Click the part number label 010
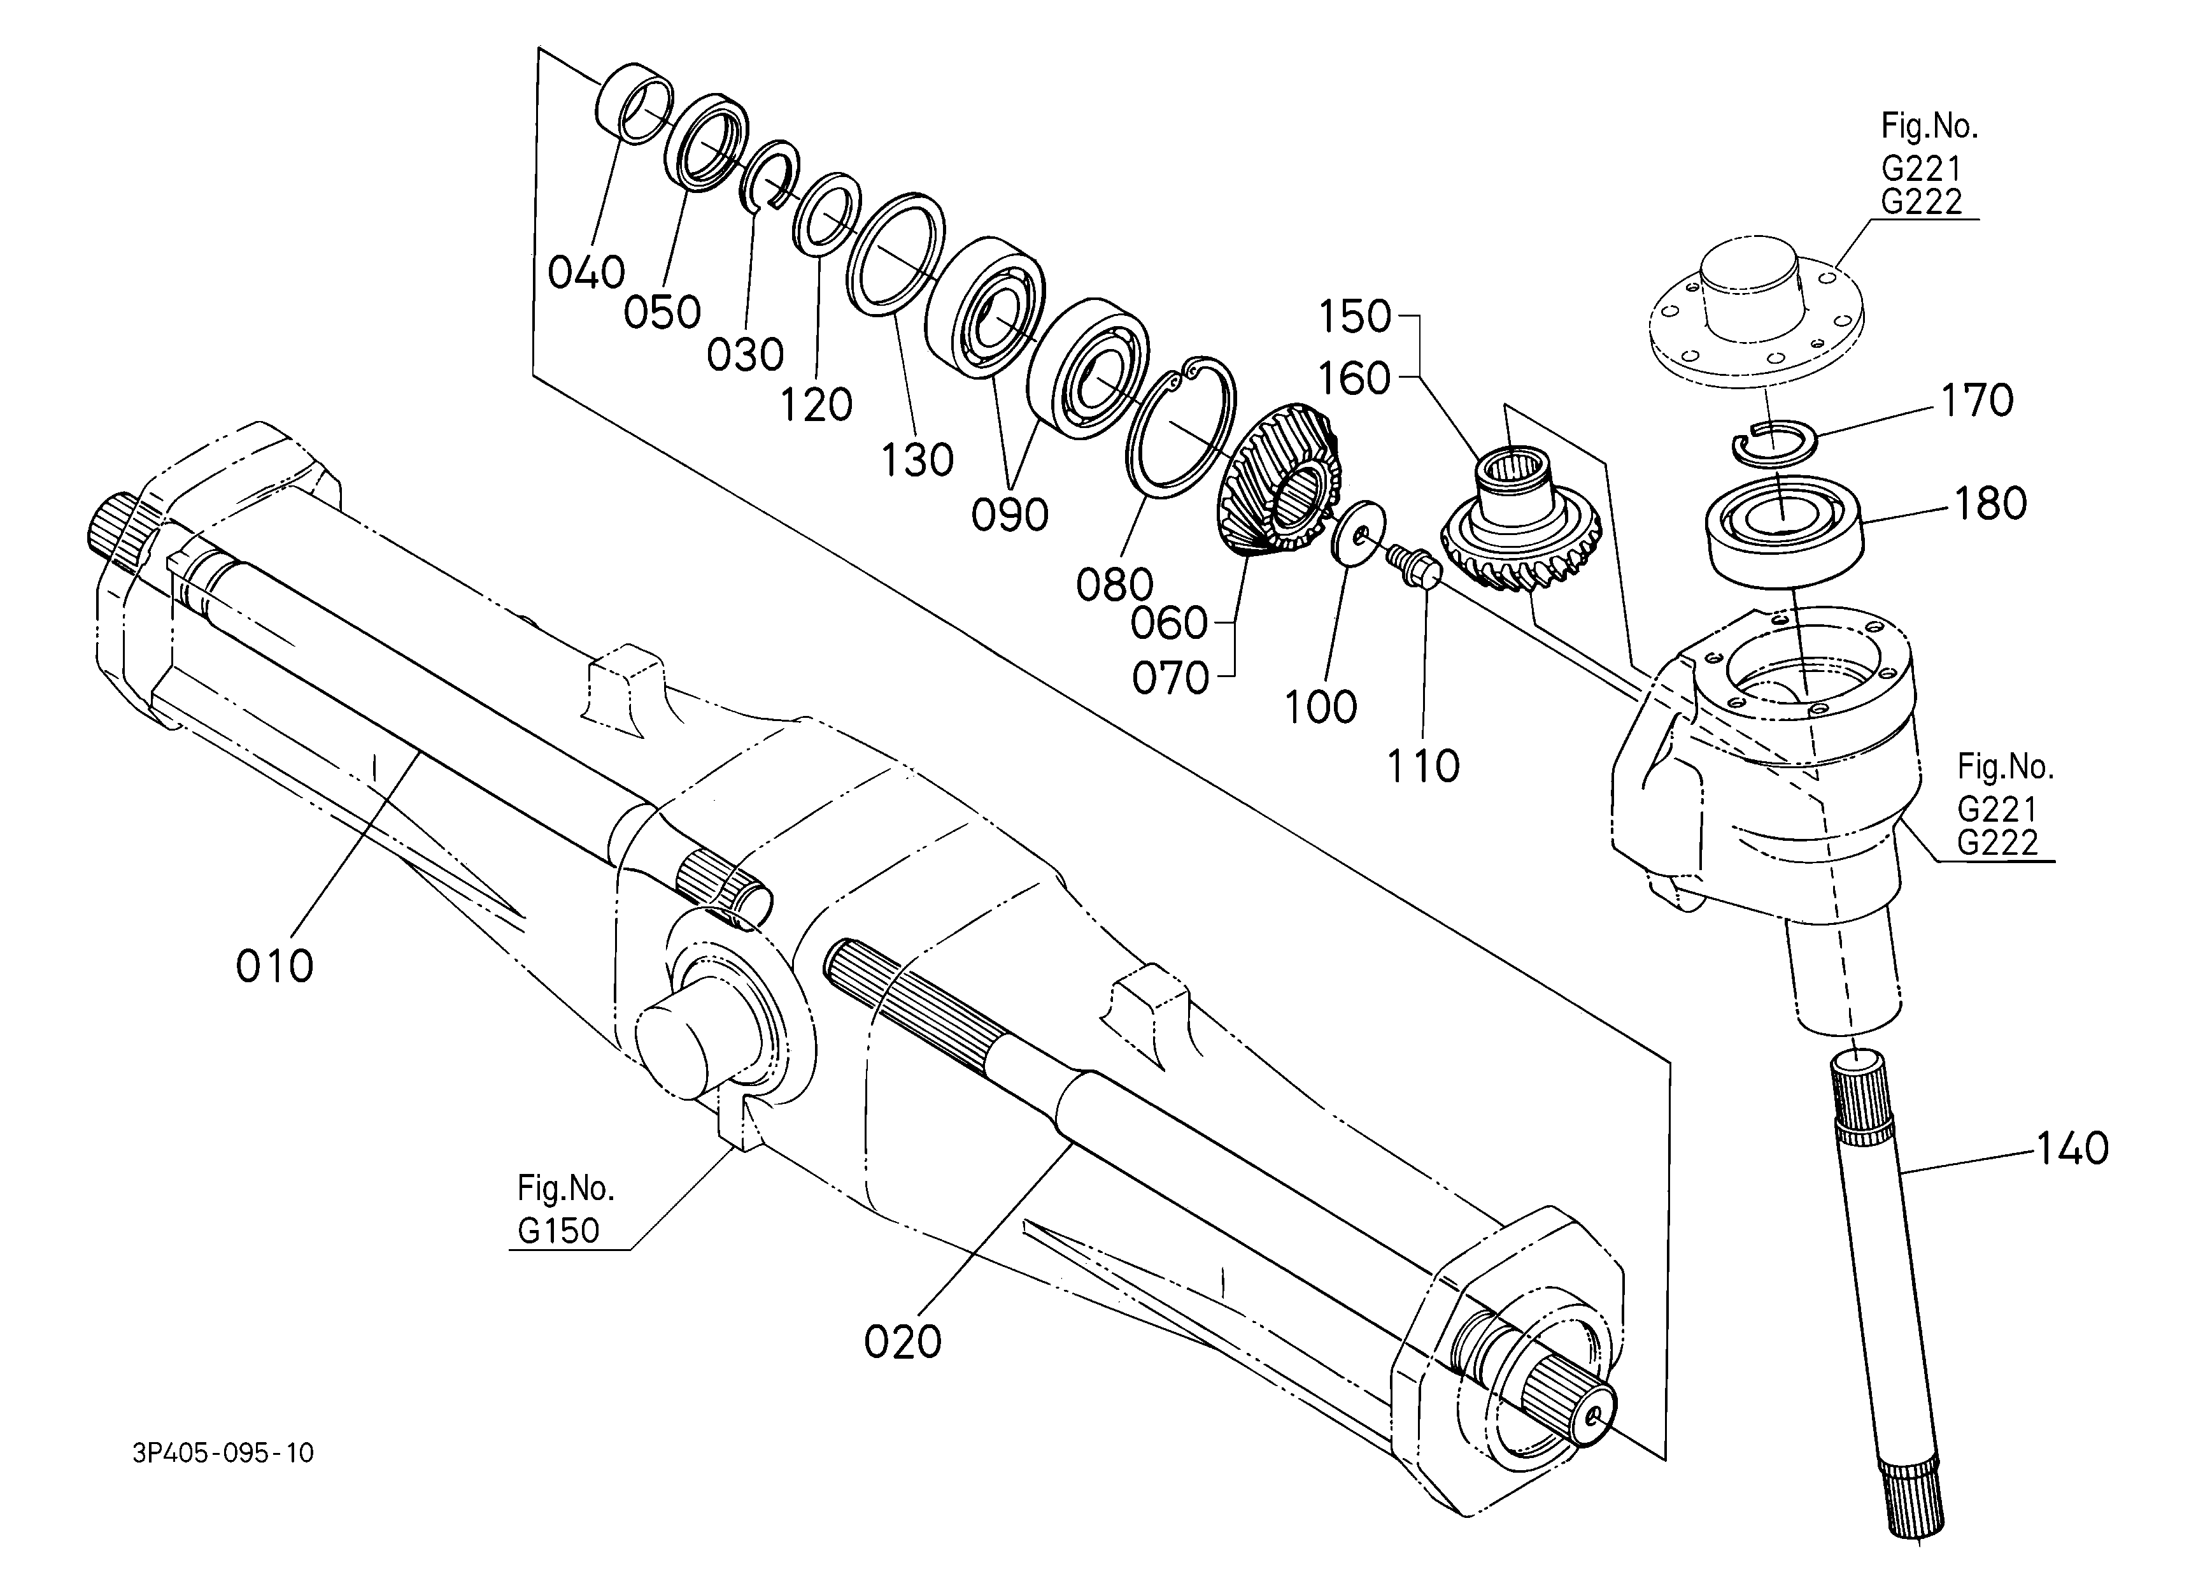tap(275, 966)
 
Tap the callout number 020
tap(902, 1342)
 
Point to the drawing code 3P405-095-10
tap(223, 1454)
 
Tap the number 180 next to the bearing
tap(1990, 504)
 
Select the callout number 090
tap(1010, 515)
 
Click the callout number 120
tap(816, 406)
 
